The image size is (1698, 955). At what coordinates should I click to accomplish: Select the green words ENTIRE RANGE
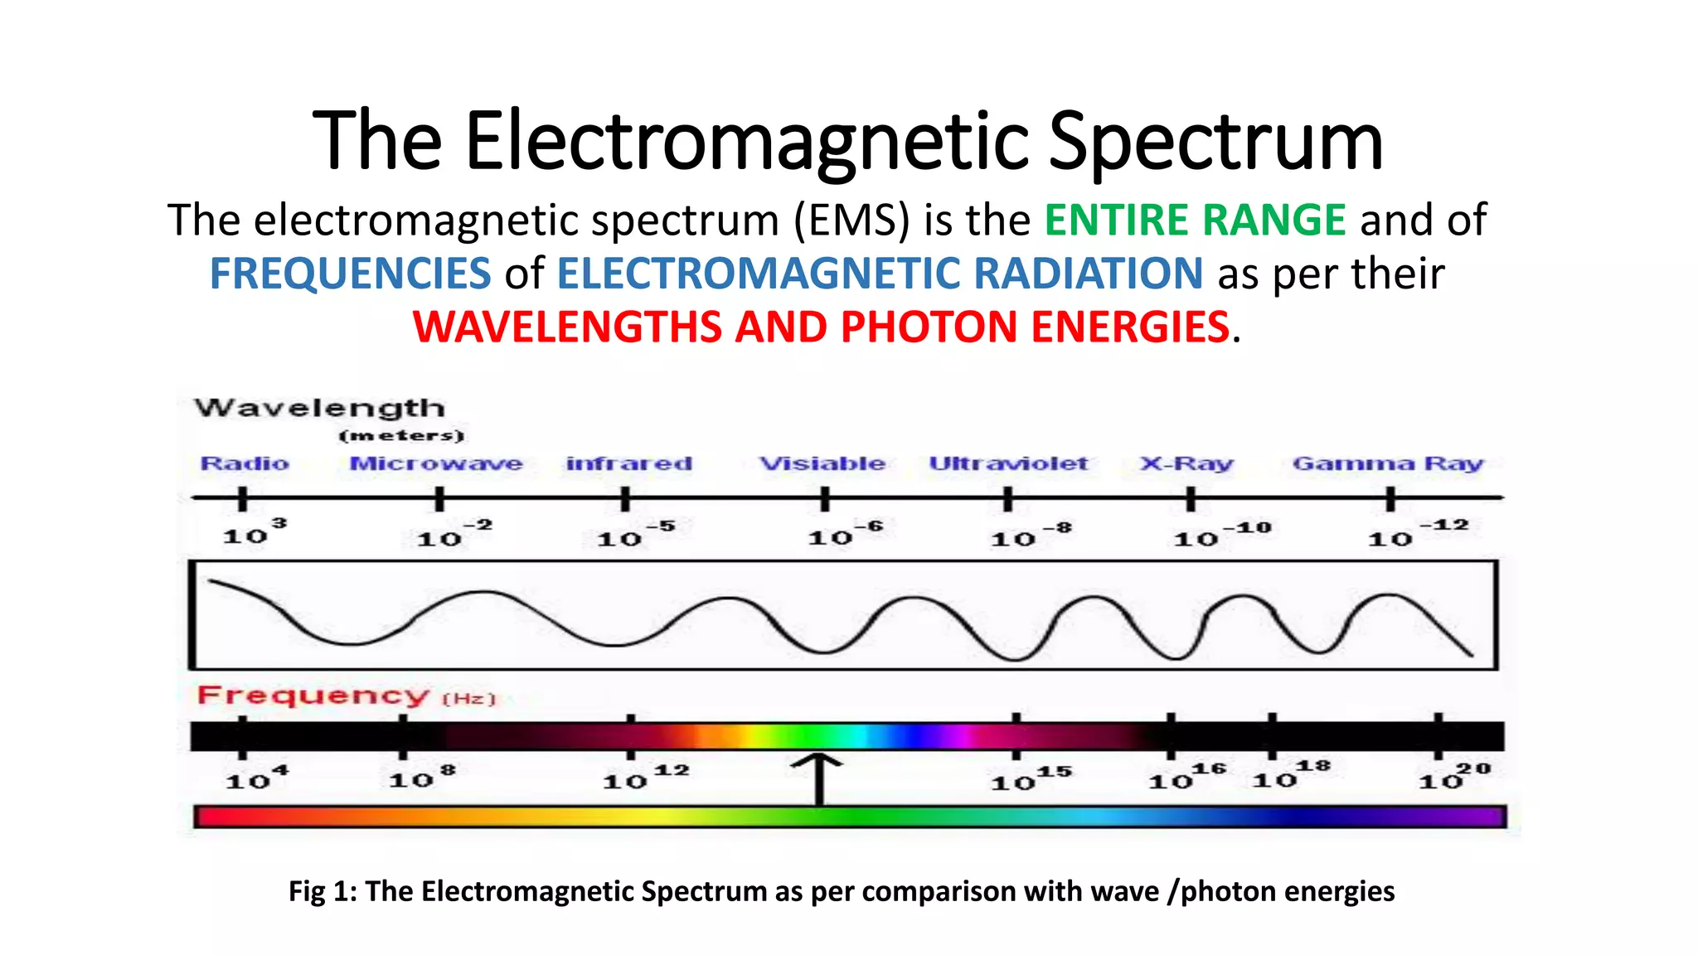[x=1194, y=221]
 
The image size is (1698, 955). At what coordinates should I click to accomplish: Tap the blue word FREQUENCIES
[x=350, y=274]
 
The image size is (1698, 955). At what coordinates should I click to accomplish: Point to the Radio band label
[x=245, y=463]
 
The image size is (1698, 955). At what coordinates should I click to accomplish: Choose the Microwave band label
[x=436, y=463]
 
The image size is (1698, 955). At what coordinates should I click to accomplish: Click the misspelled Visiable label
[x=822, y=463]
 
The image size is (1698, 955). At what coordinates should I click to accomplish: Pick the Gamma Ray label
[x=1387, y=463]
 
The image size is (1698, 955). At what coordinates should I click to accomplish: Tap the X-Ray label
[x=1186, y=463]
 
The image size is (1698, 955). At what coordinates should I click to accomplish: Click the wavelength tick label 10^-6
[x=844, y=535]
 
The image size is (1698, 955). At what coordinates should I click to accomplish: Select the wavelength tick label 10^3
[x=254, y=533]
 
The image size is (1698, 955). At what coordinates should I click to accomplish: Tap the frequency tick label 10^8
[x=421, y=778]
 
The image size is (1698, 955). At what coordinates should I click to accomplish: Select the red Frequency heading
[x=313, y=695]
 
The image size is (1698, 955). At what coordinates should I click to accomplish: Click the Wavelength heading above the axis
[x=319, y=408]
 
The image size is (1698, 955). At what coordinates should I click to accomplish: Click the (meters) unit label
[x=401, y=436]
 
